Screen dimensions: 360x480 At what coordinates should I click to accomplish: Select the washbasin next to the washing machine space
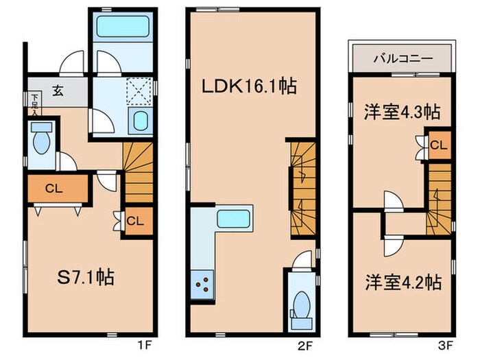click(x=141, y=121)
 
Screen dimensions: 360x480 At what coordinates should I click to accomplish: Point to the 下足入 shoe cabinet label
click(x=34, y=104)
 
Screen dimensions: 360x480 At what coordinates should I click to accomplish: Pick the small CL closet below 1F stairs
click(x=135, y=221)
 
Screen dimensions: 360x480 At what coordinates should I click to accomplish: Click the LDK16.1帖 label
click(x=248, y=87)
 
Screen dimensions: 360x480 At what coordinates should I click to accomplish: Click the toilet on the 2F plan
click(x=301, y=302)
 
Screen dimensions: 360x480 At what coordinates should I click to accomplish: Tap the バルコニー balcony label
click(x=402, y=58)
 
